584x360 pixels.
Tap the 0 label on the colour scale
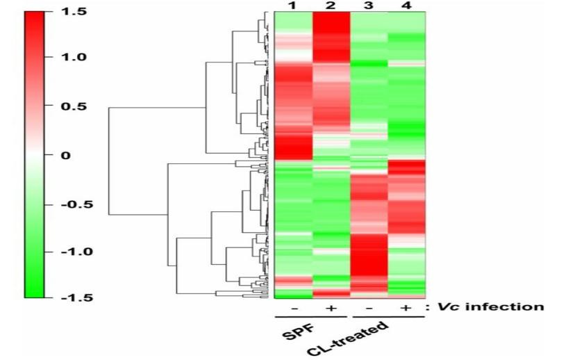click(65, 155)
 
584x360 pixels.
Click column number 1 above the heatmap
click(293, 6)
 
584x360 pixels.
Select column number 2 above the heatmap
click(331, 6)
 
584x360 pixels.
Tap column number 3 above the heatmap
click(369, 6)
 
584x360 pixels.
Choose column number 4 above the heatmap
click(406, 6)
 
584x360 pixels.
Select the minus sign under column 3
click(369, 306)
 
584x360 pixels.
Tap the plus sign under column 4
click(406, 306)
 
